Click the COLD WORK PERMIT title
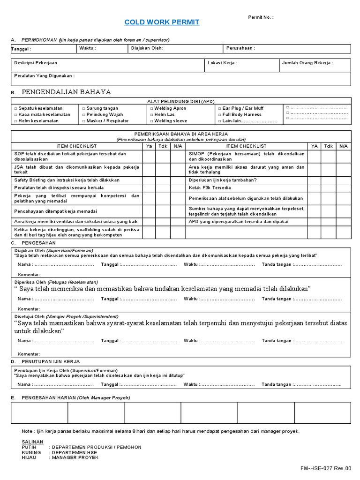[x=162, y=22]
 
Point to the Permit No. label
[x=261, y=17]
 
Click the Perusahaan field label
[x=240, y=48]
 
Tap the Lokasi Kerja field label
[x=222, y=62]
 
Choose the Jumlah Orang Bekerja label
[x=307, y=62]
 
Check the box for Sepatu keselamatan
[x=15, y=108]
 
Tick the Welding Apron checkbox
[x=151, y=108]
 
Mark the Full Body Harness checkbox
[x=219, y=114]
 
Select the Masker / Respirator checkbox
[x=83, y=121]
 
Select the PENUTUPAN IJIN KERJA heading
[x=51, y=361]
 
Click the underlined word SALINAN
[x=32, y=442]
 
